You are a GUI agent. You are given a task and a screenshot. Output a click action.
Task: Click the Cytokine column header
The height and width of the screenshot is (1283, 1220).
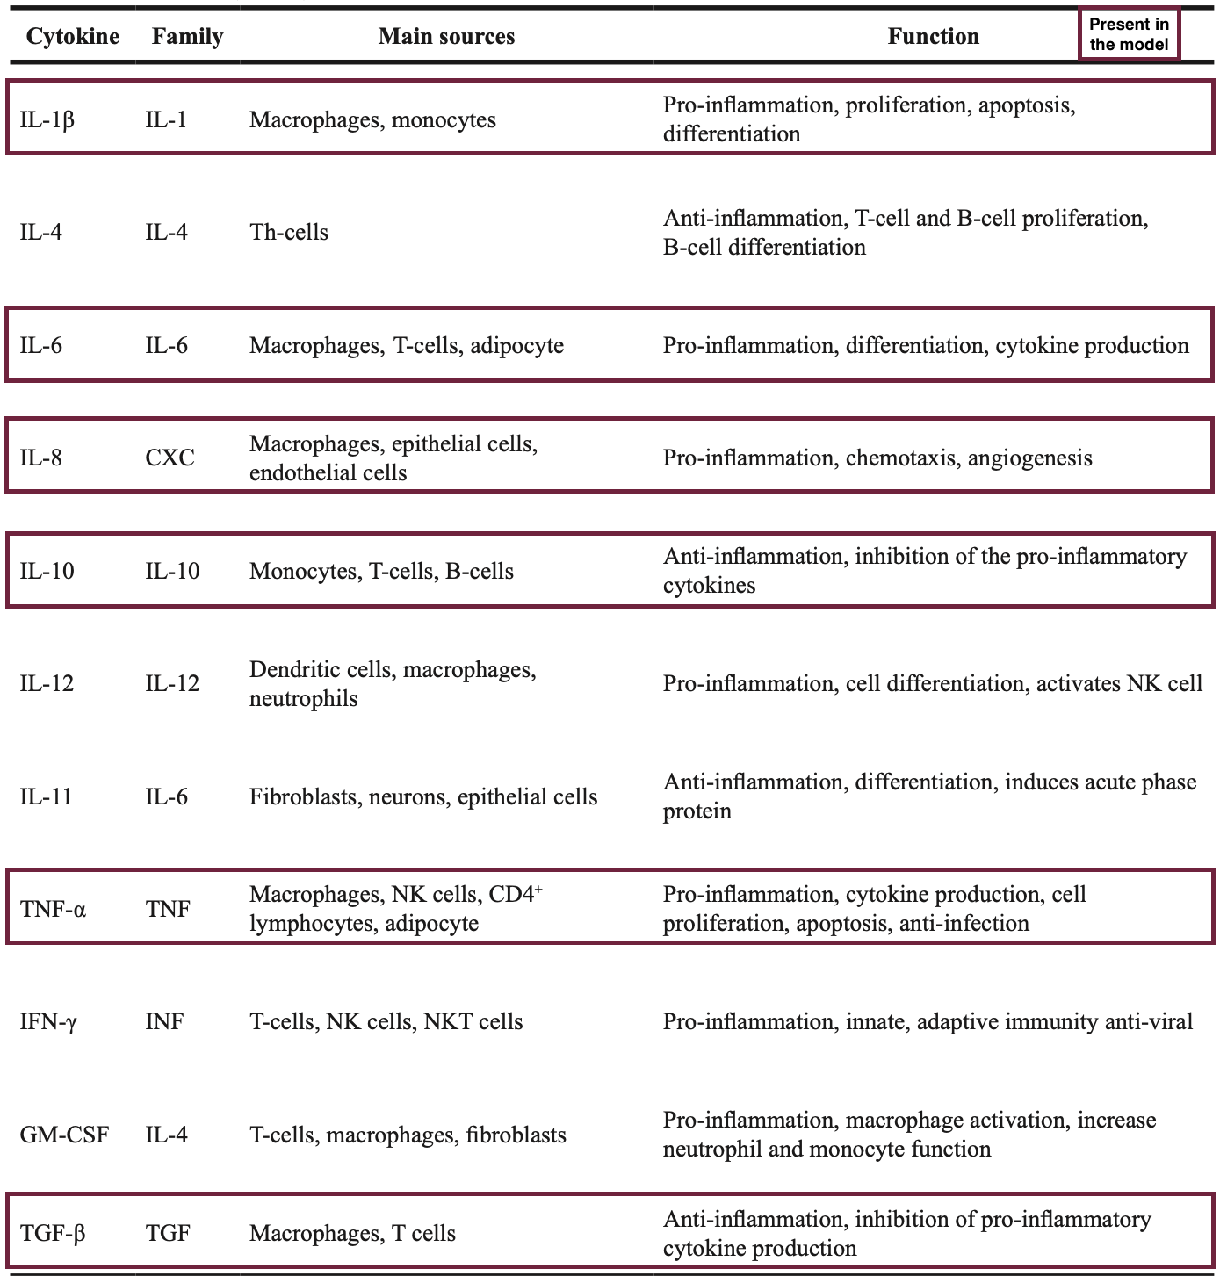(x=73, y=37)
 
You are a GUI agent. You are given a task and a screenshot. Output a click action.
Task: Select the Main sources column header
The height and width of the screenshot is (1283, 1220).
(x=446, y=37)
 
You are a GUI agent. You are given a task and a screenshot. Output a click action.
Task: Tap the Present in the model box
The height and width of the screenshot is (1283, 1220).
(x=1129, y=35)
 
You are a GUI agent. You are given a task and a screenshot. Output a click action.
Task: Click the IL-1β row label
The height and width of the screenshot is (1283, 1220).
(x=47, y=119)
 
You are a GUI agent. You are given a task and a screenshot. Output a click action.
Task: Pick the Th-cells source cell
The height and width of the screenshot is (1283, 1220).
(x=289, y=233)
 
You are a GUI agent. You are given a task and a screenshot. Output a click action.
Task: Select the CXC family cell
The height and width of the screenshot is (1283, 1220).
(x=170, y=458)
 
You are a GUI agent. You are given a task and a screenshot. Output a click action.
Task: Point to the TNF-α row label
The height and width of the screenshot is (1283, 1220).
(x=53, y=909)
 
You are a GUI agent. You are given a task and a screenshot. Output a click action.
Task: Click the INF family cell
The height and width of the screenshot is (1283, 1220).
(x=164, y=1022)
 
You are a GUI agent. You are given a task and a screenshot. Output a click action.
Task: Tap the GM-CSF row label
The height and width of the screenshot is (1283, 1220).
(x=64, y=1135)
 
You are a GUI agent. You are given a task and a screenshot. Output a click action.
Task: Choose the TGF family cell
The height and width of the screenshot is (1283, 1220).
(x=168, y=1234)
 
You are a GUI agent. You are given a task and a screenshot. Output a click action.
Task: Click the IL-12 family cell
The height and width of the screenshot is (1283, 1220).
(x=172, y=684)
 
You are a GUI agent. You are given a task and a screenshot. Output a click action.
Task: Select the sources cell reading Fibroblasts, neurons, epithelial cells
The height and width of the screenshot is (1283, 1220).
(x=423, y=797)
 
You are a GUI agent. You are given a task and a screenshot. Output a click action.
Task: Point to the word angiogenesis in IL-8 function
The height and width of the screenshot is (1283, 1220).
(x=1029, y=458)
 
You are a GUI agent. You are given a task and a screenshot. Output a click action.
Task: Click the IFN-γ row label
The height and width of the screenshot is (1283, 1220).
(x=48, y=1022)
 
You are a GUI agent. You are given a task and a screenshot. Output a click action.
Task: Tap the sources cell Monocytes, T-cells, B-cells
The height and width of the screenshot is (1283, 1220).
(x=381, y=572)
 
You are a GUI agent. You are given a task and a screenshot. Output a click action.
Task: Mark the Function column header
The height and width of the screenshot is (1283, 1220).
(x=933, y=37)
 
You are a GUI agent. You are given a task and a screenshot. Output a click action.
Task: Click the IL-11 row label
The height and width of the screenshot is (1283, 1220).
(x=46, y=797)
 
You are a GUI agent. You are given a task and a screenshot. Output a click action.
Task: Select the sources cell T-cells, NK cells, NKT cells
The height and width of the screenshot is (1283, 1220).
(x=386, y=1022)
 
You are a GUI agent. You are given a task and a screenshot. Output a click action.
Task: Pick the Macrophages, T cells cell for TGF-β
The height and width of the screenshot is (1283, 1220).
(x=352, y=1234)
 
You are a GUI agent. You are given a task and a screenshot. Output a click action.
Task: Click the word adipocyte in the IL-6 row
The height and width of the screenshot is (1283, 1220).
(x=516, y=346)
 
